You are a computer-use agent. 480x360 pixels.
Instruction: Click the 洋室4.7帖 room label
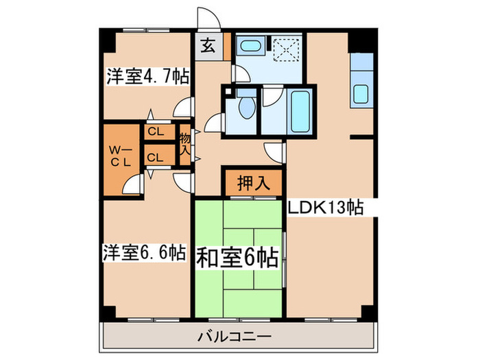[x=147, y=76]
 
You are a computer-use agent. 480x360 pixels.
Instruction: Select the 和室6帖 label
[x=237, y=259]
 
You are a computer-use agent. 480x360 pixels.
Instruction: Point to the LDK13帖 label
[x=325, y=206]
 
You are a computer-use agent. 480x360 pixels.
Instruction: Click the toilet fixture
[x=245, y=108]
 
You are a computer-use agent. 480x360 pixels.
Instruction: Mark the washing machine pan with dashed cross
[x=281, y=48]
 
